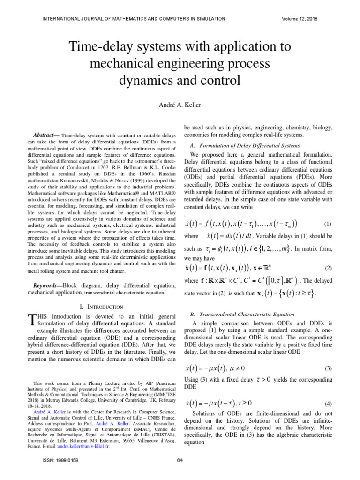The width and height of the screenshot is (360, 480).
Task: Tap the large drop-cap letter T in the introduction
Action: pos(32,320)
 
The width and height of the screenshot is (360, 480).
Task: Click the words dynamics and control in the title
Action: pos(180,80)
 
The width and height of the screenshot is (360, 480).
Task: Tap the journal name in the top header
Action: pos(134,19)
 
